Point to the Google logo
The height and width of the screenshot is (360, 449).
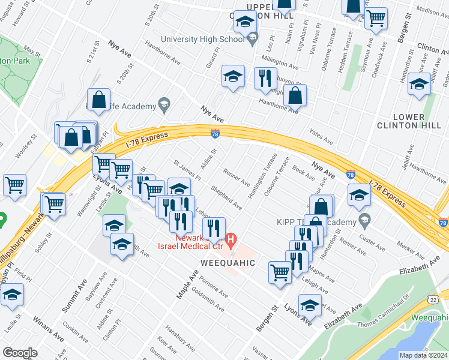20,352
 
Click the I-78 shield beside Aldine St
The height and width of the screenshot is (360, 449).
215,133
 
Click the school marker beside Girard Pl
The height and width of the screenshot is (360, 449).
233,77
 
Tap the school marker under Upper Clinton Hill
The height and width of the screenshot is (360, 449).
245,23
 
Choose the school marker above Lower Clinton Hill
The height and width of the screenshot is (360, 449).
418,85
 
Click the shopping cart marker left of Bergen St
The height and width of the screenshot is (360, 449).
280,272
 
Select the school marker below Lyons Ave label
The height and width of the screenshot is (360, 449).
114,227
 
